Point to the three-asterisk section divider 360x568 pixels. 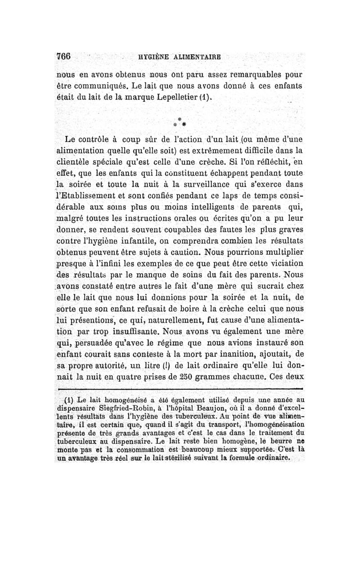pos(180,120)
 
